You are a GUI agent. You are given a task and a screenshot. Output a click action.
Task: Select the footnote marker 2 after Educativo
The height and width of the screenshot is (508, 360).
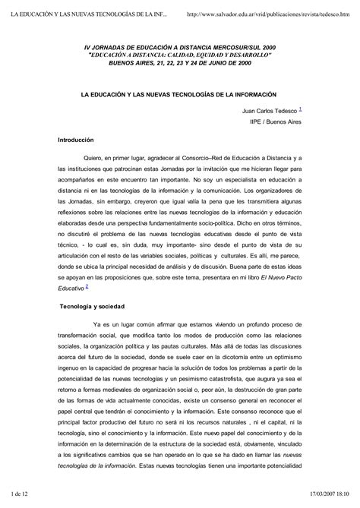pyautogui.click(x=87, y=286)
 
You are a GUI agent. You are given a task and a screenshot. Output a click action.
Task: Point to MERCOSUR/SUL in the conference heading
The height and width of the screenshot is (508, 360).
pyautogui.click(x=237, y=47)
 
